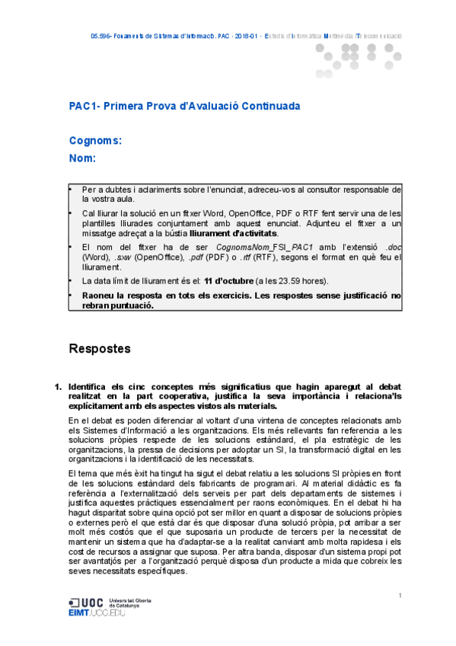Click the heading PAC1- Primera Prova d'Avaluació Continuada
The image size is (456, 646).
tap(183, 107)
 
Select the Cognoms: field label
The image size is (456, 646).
tap(95, 141)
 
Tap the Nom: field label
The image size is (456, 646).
tap(82, 158)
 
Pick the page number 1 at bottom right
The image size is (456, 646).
tap(400, 595)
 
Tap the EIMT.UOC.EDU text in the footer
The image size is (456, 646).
tap(102, 612)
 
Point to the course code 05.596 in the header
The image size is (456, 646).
tap(102, 36)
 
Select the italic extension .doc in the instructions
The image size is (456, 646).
tap(394, 248)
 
